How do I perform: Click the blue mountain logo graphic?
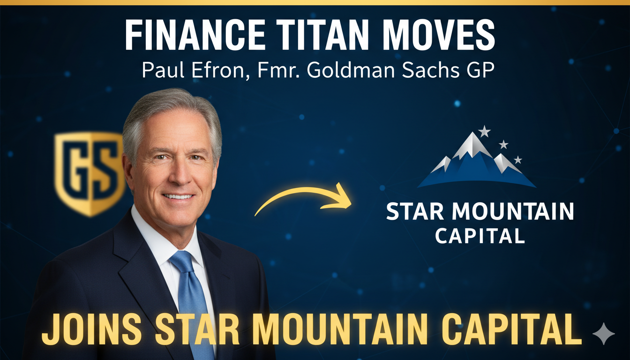[x=476, y=162]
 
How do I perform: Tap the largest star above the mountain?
[x=484, y=131]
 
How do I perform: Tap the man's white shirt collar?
[x=150, y=234]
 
